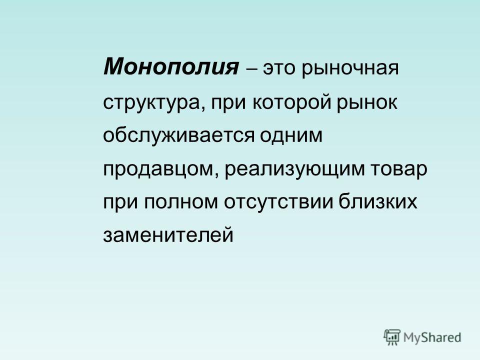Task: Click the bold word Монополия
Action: (171, 66)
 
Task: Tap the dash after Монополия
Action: (251, 69)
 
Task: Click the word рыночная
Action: (350, 69)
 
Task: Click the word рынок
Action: (367, 103)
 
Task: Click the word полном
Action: (180, 202)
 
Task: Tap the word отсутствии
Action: (278, 201)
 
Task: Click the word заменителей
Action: (168, 235)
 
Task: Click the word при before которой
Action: (228, 103)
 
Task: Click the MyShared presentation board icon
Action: (392, 337)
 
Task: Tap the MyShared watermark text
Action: (432, 338)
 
